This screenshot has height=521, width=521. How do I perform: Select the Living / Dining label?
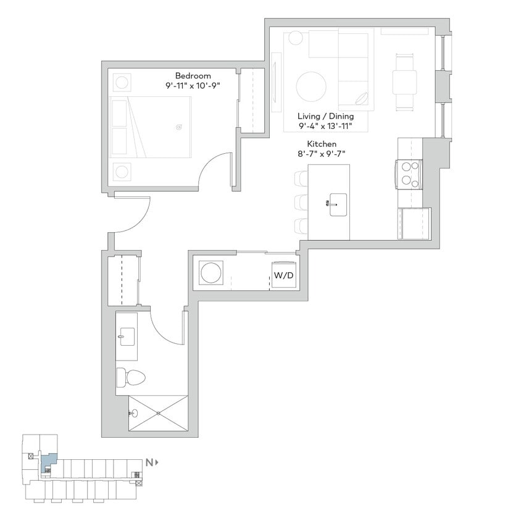[325, 116]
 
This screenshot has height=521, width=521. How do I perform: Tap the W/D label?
[283, 276]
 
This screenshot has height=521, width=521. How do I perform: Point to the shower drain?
[158, 412]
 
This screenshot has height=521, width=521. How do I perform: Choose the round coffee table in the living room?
[312, 87]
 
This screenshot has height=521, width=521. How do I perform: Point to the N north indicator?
[149, 462]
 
